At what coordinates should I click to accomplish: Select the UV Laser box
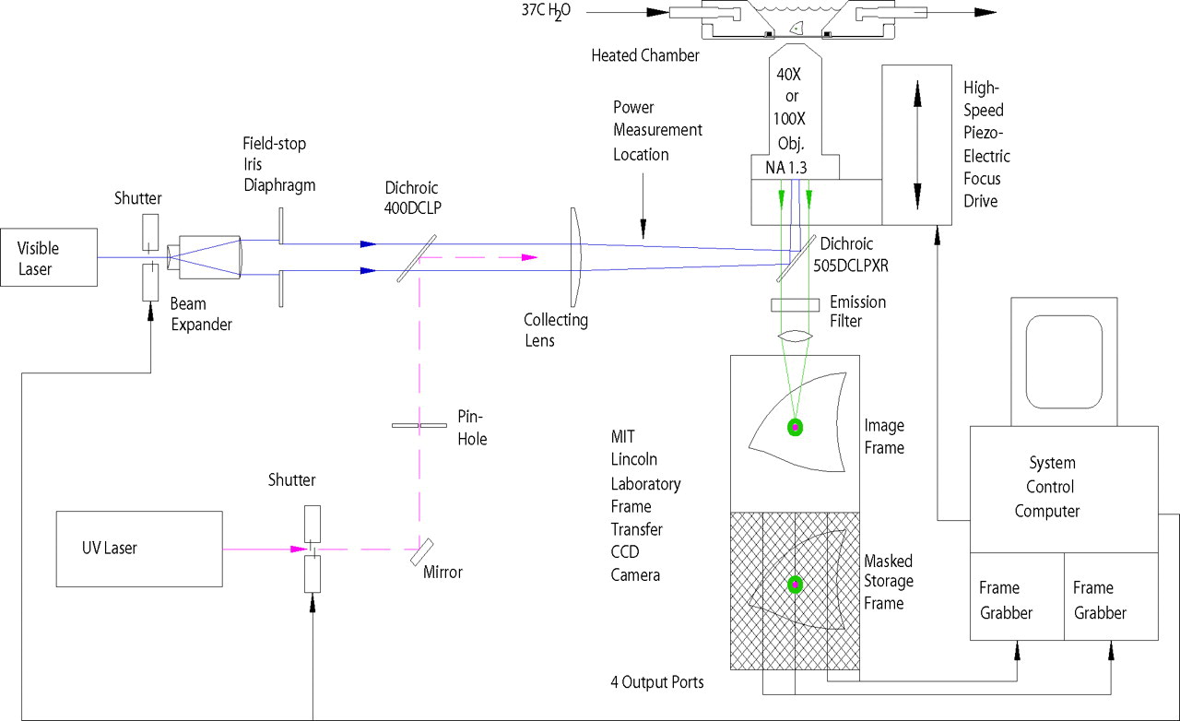(138, 549)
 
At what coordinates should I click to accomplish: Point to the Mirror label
(442, 573)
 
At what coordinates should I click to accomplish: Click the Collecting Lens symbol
(575, 256)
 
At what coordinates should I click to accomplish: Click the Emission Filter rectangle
(795, 304)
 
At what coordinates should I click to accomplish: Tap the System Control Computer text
(1053, 487)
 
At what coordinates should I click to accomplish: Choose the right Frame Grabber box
(1110, 599)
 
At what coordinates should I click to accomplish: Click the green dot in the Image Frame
(794, 427)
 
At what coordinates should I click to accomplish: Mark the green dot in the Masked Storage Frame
(794, 585)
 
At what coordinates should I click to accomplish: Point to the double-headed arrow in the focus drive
(917, 145)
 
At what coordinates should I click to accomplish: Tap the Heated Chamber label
(644, 55)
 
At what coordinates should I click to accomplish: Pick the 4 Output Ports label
(656, 682)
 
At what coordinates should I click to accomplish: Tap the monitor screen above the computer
(1064, 360)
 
